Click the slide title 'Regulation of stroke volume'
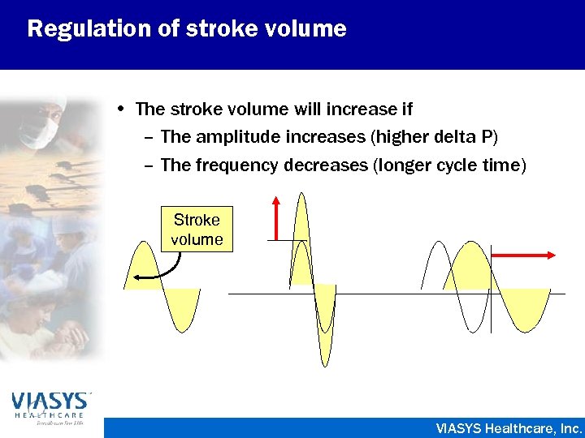click(x=187, y=29)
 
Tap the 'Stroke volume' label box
click(x=197, y=230)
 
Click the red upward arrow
click(x=277, y=217)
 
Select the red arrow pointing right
click(x=524, y=255)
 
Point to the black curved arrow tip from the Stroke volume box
click(x=137, y=278)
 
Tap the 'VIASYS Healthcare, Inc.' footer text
click(x=509, y=427)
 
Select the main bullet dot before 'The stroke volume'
click(x=120, y=108)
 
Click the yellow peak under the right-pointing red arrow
click(x=466, y=268)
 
